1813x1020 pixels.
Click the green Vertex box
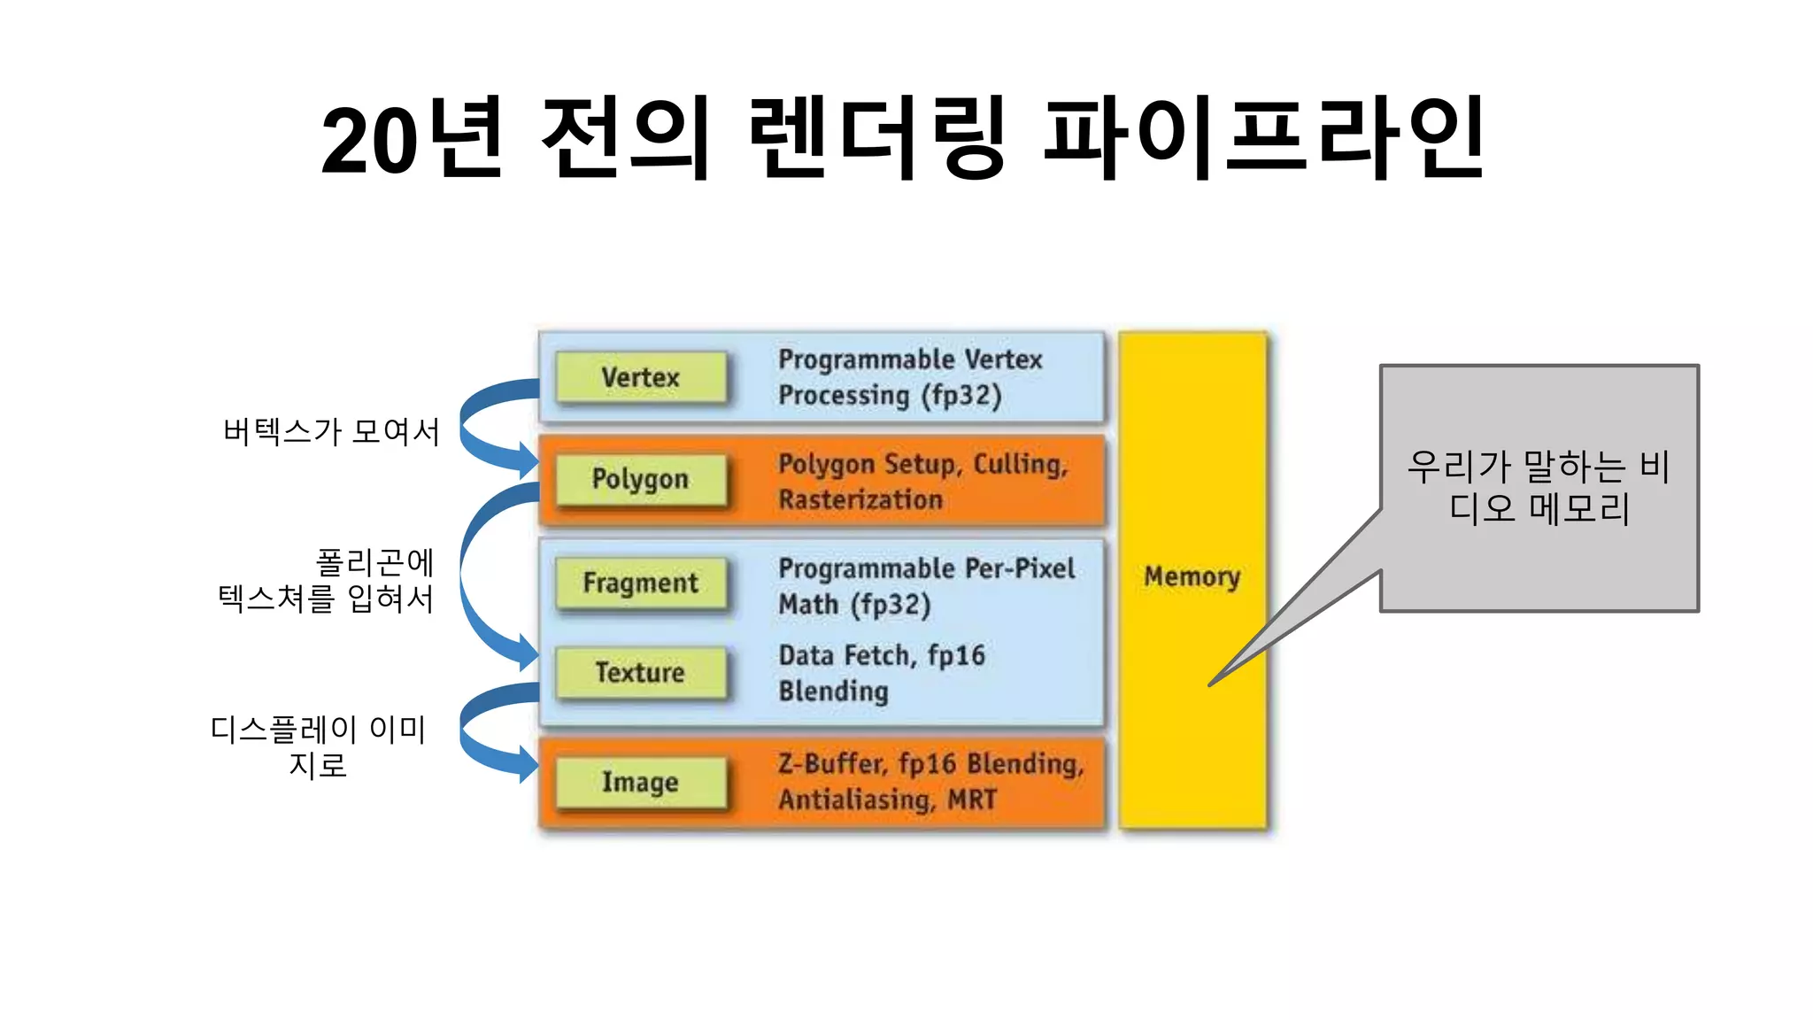pyautogui.click(x=641, y=377)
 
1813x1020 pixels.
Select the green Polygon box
pyautogui.click(x=641, y=479)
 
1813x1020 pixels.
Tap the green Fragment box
pyautogui.click(x=641, y=583)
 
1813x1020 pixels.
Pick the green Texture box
pyautogui.click(x=641, y=672)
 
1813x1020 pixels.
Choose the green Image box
pyautogui.click(x=641, y=782)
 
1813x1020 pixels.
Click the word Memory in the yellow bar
pyautogui.click(x=1192, y=576)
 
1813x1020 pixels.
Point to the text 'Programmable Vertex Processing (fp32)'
pyautogui.click(x=910, y=377)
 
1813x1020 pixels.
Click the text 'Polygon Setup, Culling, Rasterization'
pyautogui.click(x=922, y=481)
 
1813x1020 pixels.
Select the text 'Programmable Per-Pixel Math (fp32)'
pyautogui.click(x=926, y=585)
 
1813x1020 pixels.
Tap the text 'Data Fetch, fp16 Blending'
pyautogui.click(x=882, y=673)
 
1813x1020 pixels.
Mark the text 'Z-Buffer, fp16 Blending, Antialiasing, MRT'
pyautogui.click(x=930, y=781)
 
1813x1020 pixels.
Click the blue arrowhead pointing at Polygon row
pyautogui.click(x=528, y=460)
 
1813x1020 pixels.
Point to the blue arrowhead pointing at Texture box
pyautogui.click(x=528, y=653)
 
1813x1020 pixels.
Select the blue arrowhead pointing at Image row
pyautogui.click(x=528, y=763)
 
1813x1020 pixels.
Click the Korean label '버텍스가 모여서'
pyautogui.click(x=331, y=431)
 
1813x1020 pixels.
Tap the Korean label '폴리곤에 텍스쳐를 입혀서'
pyautogui.click(x=328, y=581)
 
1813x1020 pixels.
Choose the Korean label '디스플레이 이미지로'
pyautogui.click(x=319, y=746)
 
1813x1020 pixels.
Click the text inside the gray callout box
pyautogui.click(x=1539, y=487)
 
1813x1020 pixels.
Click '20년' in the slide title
pyautogui.click(x=413, y=138)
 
